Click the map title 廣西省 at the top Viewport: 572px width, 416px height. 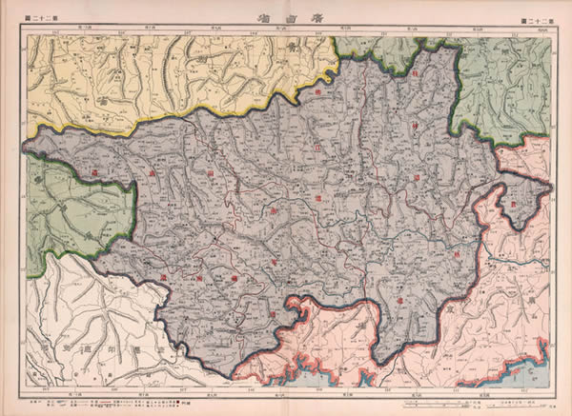click(286, 17)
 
